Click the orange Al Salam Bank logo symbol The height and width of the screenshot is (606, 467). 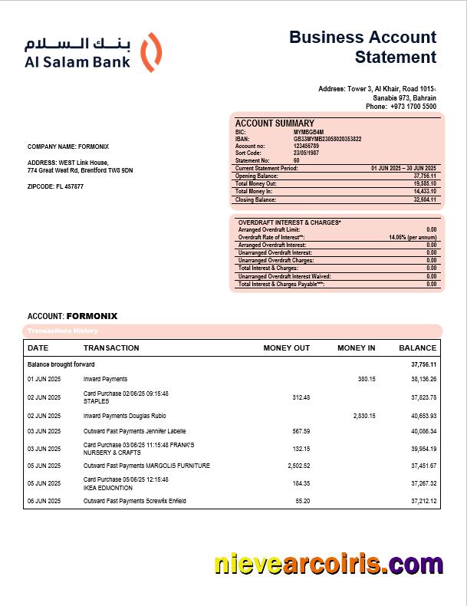tap(153, 52)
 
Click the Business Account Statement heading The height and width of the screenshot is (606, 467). tap(363, 47)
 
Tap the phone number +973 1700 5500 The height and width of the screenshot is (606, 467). tap(413, 107)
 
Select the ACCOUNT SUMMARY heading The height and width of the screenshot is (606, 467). tap(275, 124)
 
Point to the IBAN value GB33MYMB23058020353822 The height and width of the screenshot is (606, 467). tap(327, 139)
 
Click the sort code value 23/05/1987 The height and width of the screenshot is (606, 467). tap(307, 153)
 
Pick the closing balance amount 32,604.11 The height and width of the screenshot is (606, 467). tap(425, 199)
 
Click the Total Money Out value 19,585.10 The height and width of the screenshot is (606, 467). tap(425, 184)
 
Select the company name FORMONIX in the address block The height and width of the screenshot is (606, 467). tap(93, 147)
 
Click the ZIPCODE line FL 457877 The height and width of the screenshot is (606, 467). tap(56, 186)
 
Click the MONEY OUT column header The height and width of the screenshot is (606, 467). tap(287, 348)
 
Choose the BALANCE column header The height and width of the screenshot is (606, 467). tap(417, 348)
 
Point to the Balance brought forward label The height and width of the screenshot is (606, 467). tap(61, 364)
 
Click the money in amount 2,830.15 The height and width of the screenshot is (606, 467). tap(364, 416)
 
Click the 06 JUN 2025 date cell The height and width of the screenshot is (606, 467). tap(44, 501)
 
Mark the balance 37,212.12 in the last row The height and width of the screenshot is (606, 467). tap(423, 501)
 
